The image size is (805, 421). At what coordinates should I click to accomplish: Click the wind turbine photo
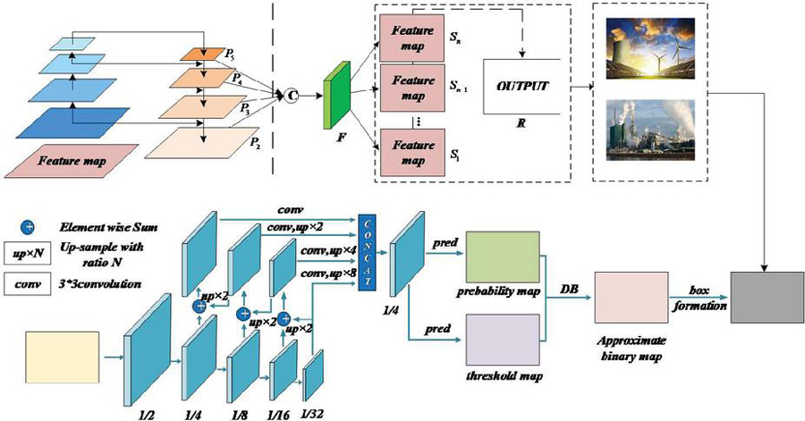(x=650, y=48)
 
